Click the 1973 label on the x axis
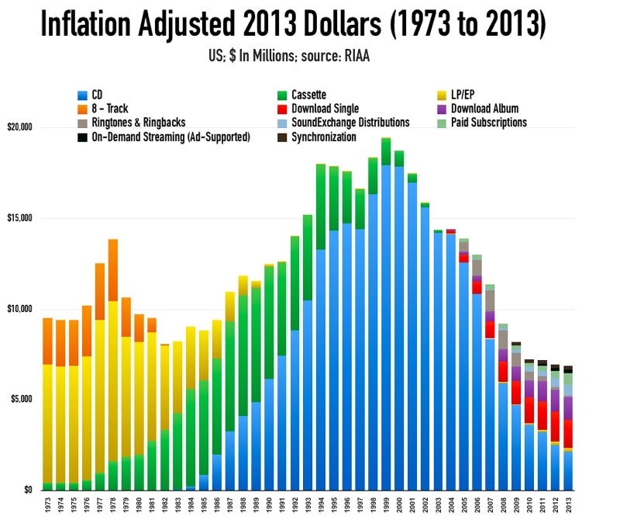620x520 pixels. (47, 504)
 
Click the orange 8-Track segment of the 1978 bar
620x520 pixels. (113, 269)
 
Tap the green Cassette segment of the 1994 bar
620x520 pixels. (321, 206)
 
